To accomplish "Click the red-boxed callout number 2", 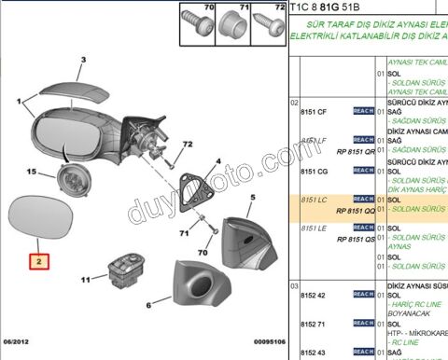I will [x=39, y=263].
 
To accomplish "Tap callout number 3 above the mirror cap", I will [x=82, y=61].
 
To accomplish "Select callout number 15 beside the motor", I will [x=31, y=173].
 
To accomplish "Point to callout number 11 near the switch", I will [x=86, y=280].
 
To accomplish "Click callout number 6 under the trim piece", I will [x=148, y=304].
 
